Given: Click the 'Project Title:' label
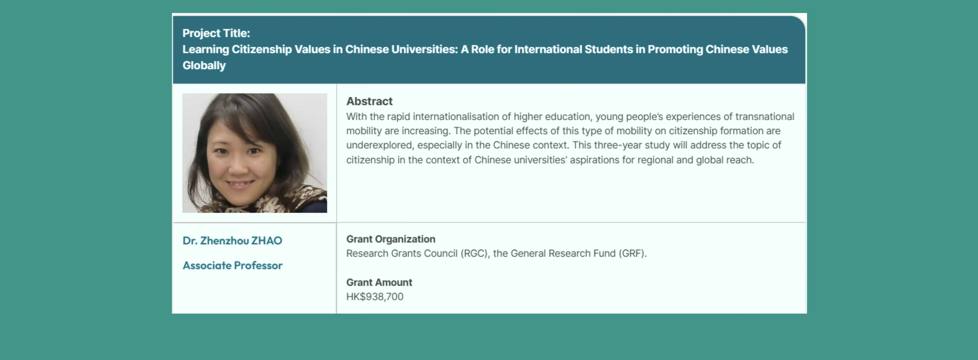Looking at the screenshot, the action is [x=216, y=33].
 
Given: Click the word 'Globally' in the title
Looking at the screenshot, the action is [x=204, y=66].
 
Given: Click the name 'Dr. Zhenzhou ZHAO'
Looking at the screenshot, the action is [x=232, y=241].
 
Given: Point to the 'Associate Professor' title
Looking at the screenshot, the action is [x=232, y=265].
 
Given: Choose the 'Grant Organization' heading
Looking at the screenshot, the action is [x=391, y=239].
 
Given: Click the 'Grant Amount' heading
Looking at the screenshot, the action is [x=379, y=282].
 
